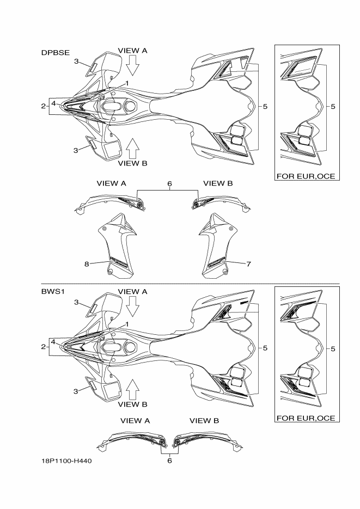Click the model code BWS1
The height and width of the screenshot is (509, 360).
click(52, 292)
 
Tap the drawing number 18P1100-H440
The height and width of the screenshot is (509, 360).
click(66, 460)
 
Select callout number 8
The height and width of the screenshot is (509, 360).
click(87, 265)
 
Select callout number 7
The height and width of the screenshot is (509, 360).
click(248, 265)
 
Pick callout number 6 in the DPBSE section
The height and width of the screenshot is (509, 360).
click(169, 184)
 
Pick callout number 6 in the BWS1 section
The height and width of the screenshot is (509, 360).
click(169, 460)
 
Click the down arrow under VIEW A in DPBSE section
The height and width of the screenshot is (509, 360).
click(132, 67)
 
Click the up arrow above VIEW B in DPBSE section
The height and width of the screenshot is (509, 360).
click(132, 146)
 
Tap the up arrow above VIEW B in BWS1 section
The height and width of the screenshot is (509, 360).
click(132, 388)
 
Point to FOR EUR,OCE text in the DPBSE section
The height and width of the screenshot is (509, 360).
click(306, 176)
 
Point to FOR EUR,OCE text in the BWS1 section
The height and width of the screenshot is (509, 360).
click(306, 418)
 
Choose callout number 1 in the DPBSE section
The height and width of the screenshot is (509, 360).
click(127, 83)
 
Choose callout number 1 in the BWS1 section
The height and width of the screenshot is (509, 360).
click(127, 324)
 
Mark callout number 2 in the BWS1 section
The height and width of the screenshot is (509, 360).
click(43, 347)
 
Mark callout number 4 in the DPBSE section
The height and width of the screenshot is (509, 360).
click(53, 102)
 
